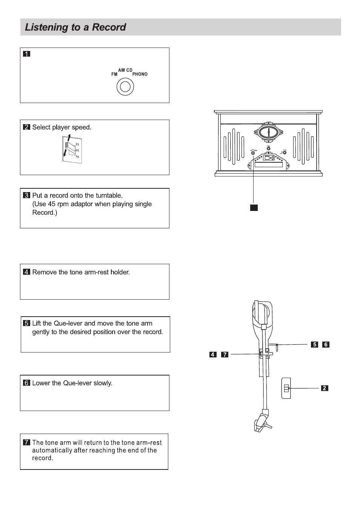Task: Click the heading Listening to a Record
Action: coord(75,27)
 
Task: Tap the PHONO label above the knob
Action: coord(140,74)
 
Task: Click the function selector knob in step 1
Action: coord(125,87)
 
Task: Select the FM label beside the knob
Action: coord(114,74)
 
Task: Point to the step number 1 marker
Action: coord(26,54)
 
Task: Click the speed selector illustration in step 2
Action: coord(72,150)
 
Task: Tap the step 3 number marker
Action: coord(26,195)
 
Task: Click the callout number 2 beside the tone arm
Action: coord(325,388)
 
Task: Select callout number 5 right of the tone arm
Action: coord(315,344)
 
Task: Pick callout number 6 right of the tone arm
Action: coord(326,344)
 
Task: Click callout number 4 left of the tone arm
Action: coord(213,354)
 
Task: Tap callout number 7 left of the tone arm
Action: coord(225,354)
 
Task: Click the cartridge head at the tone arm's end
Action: coord(262,422)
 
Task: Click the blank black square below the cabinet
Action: coord(254,207)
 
